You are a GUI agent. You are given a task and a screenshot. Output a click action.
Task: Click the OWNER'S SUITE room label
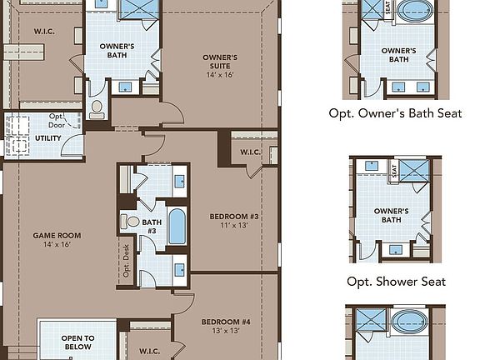coord(220,62)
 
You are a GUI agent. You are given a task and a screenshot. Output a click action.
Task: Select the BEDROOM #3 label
coord(234,217)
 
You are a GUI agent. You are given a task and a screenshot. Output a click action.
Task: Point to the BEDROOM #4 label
coord(226,322)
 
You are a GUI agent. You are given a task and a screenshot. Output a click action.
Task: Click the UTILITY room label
coord(47,137)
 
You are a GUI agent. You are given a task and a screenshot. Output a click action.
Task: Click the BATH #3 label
coord(152,226)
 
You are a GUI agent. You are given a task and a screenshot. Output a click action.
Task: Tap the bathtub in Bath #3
coord(178,226)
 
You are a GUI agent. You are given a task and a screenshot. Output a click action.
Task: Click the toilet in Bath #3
coord(131,222)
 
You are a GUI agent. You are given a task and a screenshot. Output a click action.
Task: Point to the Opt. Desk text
coord(127,264)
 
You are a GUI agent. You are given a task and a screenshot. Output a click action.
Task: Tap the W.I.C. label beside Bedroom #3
coord(251,152)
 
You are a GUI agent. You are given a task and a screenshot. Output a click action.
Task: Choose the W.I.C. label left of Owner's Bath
coord(44,31)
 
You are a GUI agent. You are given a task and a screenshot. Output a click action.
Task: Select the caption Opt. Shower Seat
coord(396,281)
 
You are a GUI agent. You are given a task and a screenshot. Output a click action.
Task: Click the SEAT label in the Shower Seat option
coord(392,169)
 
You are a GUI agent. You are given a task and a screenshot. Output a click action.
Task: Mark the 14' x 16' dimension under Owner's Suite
coord(220,75)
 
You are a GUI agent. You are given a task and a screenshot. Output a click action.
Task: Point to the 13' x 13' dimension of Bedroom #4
coord(225,331)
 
